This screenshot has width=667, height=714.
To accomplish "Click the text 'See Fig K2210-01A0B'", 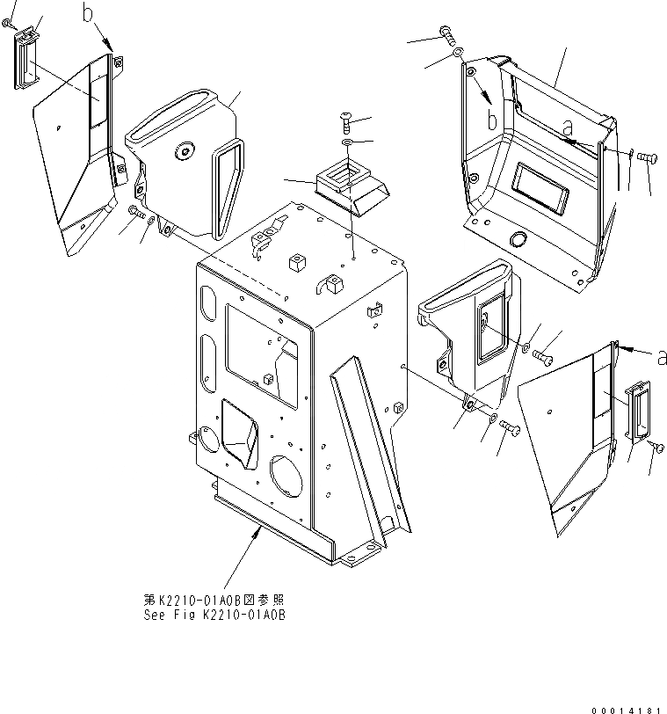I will [214, 616].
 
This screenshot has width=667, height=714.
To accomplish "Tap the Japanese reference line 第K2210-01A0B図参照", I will [214, 600].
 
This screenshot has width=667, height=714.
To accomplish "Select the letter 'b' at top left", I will [89, 13].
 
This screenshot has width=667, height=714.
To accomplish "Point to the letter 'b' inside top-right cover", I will [493, 117].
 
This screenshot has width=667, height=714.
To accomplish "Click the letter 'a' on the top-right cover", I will [569, 126].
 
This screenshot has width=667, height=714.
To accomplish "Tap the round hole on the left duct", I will [184, 152].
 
